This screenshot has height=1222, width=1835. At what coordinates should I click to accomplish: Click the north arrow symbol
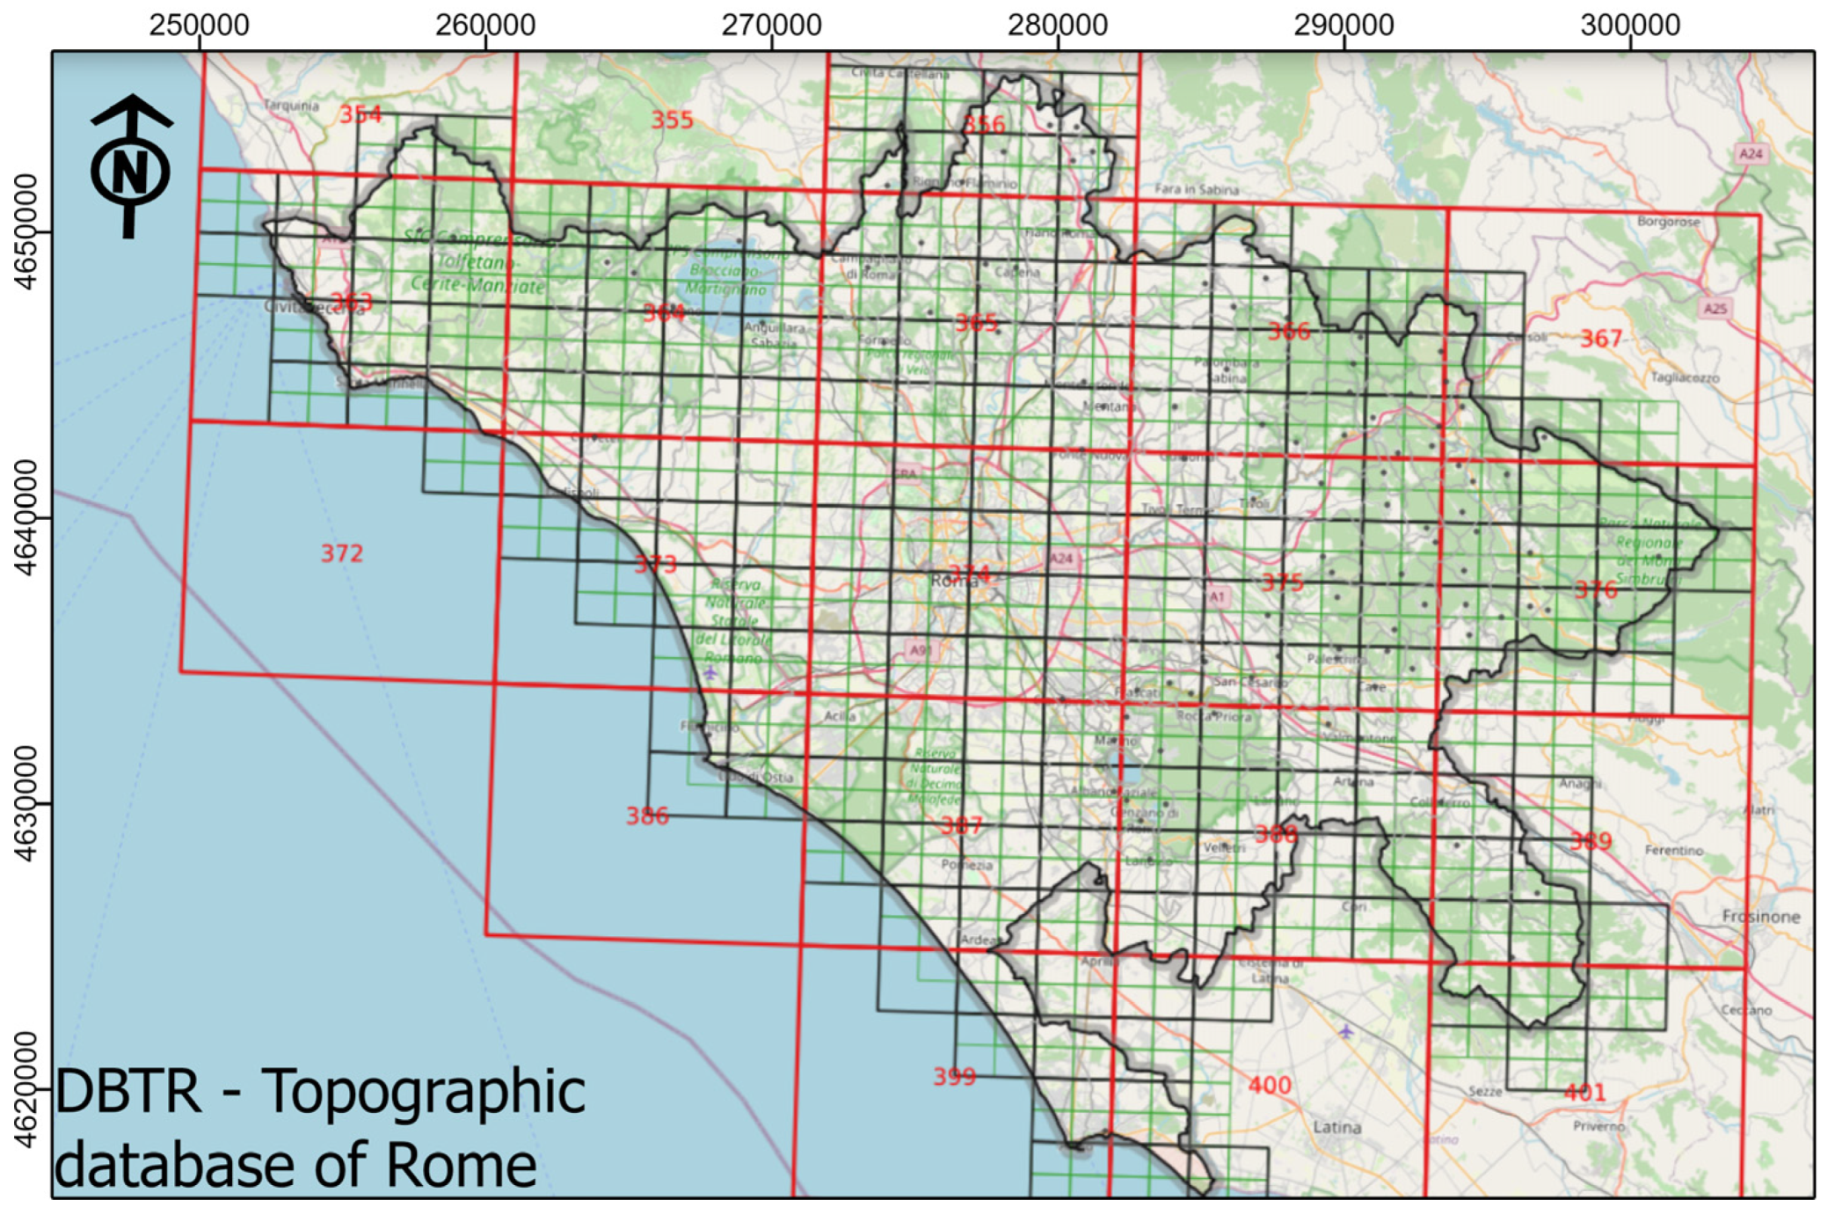(x=130, y=166)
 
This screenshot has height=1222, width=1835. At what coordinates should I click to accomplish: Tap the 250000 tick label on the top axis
(x=199, y=25)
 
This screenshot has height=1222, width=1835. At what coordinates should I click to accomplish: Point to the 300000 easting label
(x=1629, y=25)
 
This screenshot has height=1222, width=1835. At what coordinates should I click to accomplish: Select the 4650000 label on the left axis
(x=26, y=231)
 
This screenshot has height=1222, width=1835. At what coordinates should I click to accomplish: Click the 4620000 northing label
(x=26, y=1089)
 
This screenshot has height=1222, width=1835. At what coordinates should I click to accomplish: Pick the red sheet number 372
(x=341, y=553)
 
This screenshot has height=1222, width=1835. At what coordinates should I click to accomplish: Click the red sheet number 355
(x=672, y=120)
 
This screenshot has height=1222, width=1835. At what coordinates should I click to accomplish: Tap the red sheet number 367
(x=1600, y=339)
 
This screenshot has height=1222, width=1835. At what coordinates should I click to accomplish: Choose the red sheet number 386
(x=647, y=816)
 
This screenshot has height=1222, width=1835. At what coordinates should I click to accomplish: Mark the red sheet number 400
(x=1270, y=1086)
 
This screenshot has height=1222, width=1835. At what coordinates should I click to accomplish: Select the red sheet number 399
(x=954, y=1076)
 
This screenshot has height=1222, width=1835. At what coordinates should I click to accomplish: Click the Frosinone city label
(x=1760, y=917)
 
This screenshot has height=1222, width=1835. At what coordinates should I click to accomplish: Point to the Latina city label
(x=1336, y=1127)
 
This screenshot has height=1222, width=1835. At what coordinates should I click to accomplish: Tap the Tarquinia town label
(x=291, y=106)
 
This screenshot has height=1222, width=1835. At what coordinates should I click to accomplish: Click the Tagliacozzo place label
(x=1685, y=377)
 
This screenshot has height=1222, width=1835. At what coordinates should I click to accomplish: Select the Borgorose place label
(x=1668, y=222)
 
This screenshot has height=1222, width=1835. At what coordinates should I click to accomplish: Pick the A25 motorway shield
(x=1715, y=308)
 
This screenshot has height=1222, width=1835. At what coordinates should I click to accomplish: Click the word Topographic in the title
(x=424, y=1091)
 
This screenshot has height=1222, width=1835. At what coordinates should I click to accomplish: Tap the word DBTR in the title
(x=128, y=1091)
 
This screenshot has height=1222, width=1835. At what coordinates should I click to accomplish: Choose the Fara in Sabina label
(x=1196, y=189)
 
